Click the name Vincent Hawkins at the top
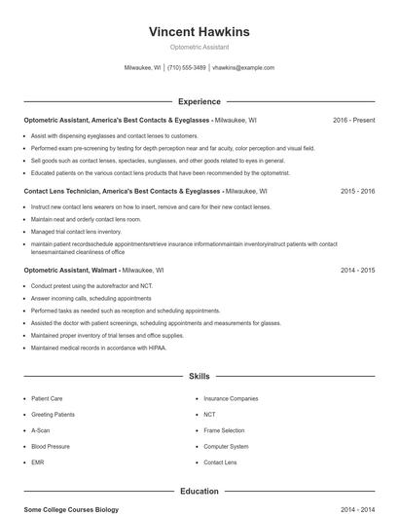[x=199, y=31]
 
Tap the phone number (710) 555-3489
[x=186, y=68]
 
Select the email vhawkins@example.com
[x=243, y=68]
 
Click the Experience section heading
[x=199, y=101]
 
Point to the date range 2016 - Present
[x=353, y=120]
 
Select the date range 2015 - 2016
[x=357, y=192]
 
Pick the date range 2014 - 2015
[x=357, y=270]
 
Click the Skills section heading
[x=199, y=375]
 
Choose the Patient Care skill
[x=47, y=398]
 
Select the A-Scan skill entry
[x=40, y=430]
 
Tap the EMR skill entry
[x=37, y=462]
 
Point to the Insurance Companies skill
[x=231, y=398]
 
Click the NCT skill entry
[x=209, y=414]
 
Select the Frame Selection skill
[x=224, y=430]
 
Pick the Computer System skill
[x=226, y=446]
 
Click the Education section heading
[x=199, y=492]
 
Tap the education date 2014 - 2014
[x=357, y=509]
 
